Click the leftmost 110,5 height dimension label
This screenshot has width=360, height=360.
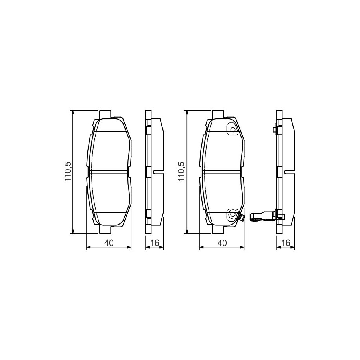[68, 171]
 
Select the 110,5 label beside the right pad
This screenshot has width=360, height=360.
[181, 171]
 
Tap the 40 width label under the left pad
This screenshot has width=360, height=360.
[109, 243]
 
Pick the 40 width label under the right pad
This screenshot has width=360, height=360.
[222, 243]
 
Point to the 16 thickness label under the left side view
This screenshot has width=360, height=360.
[155, 243]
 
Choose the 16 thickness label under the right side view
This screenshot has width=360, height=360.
[286, 243]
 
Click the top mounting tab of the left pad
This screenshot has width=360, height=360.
[105, 114]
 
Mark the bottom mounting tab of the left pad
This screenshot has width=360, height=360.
[105, 230]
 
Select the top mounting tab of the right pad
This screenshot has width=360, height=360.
[218, 114]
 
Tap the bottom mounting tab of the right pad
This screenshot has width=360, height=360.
[218, 230]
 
